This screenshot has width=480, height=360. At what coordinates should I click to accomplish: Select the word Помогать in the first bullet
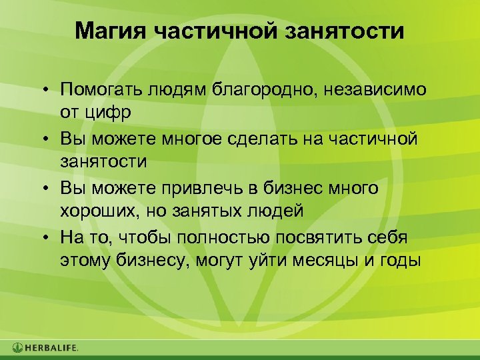103,89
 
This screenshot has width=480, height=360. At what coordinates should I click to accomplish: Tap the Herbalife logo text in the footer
52,347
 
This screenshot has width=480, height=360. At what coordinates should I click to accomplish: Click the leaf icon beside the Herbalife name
17,347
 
